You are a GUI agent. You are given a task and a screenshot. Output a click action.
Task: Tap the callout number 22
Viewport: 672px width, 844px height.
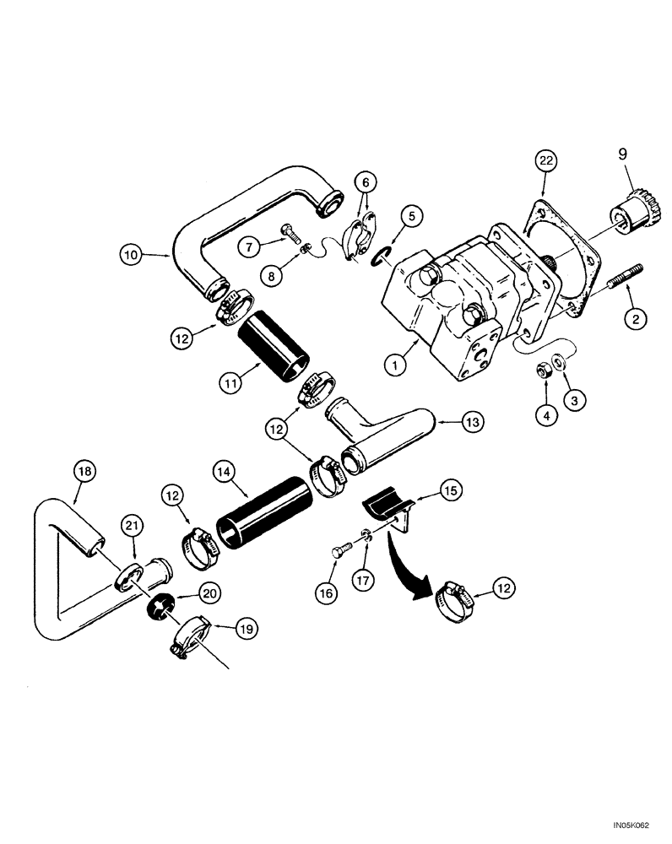544,160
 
